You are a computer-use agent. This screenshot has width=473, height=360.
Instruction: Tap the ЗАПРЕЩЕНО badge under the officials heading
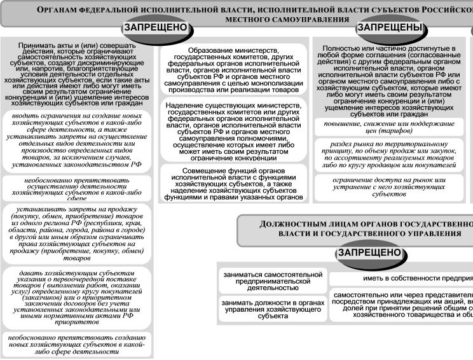369,253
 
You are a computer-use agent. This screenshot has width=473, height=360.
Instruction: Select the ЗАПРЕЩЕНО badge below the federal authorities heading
157,28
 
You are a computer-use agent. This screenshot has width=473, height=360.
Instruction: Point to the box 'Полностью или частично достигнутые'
390,79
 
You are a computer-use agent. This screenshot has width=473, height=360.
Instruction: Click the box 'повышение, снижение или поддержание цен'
390,127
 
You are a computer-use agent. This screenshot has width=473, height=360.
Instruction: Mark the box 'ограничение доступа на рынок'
390,186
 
